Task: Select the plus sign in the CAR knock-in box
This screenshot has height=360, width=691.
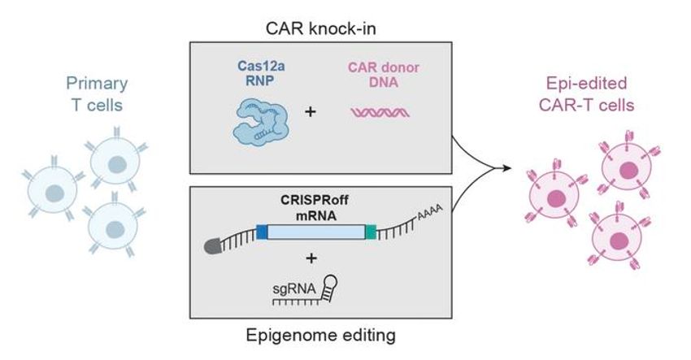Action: click(x=310, y=109)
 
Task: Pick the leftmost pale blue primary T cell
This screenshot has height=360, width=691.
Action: click(x=54, y=193)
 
